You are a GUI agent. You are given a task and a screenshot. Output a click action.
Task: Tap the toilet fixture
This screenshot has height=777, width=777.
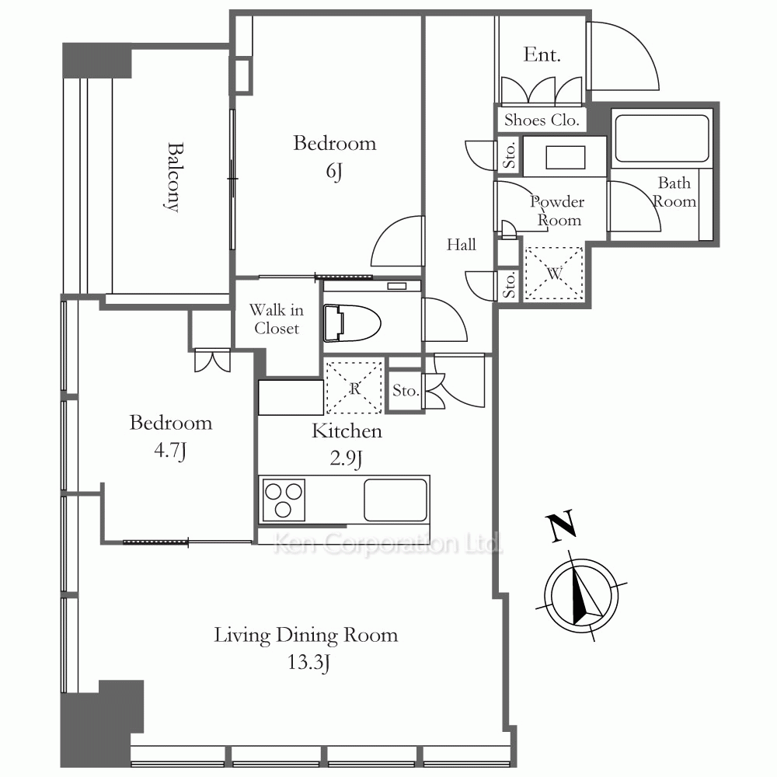352,322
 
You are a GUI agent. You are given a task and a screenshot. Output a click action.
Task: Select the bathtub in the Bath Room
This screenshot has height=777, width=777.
662,138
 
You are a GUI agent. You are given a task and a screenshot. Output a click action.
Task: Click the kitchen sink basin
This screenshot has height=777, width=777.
395,500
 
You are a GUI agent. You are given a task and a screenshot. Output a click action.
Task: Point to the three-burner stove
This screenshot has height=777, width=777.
284,500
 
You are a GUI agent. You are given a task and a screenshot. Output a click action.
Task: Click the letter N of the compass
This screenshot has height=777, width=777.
562,526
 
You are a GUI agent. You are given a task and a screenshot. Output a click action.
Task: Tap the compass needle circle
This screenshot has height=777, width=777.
581,595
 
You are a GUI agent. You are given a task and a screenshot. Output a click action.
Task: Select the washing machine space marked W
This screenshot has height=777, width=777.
554,273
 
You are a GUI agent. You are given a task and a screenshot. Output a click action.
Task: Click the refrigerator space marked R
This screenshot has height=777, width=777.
354,388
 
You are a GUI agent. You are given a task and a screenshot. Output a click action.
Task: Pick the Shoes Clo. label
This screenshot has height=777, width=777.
542,120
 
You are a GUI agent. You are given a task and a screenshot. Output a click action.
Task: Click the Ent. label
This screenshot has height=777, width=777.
542,54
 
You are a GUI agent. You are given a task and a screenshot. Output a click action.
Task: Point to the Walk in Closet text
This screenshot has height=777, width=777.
277,319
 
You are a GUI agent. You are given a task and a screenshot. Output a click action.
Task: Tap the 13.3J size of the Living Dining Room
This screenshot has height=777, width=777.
308,663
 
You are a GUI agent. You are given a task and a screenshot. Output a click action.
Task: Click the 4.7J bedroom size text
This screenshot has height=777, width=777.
170,451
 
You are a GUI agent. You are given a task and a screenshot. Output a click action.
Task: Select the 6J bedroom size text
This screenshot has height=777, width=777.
334,172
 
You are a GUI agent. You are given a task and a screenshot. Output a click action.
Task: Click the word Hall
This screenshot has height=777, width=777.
462,244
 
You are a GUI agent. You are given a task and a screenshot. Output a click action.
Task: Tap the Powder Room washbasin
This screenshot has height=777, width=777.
565,157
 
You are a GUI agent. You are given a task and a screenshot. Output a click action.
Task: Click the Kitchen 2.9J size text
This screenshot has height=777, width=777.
346,459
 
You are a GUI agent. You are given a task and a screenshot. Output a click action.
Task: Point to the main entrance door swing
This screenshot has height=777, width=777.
623,56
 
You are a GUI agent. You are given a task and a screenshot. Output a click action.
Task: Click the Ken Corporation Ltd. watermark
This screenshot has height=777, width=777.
388,544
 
